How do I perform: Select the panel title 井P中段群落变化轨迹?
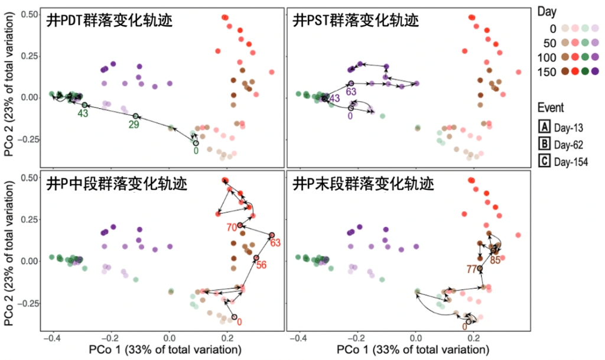[116, 184]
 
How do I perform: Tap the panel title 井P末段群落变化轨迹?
[363, 184]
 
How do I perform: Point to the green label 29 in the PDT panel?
[135, 125]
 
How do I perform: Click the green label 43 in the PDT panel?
[84, 113]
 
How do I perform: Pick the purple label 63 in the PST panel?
[351, 92]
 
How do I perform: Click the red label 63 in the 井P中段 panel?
[275, 242]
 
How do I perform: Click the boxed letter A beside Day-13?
[544, 125]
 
